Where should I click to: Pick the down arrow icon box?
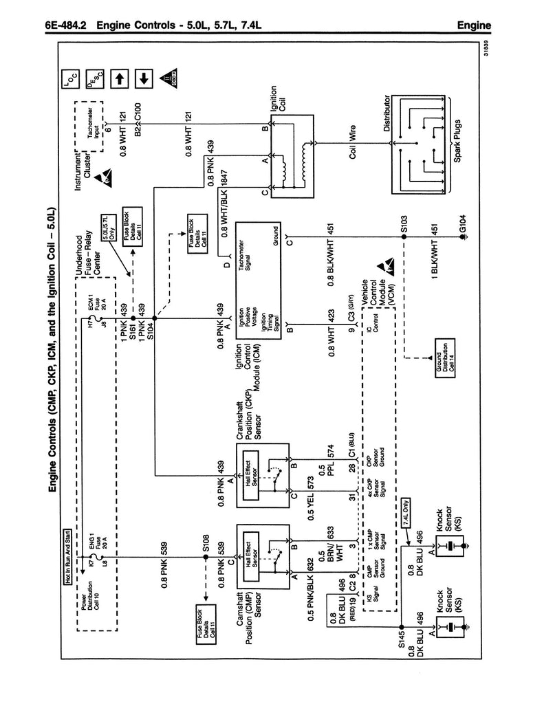[144, 78]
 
